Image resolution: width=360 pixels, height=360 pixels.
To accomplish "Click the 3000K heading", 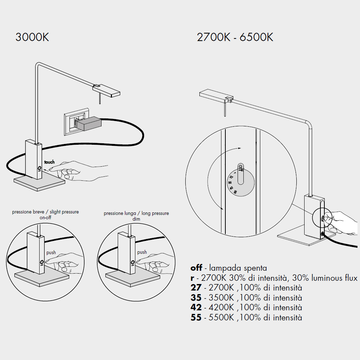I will coord(32,37).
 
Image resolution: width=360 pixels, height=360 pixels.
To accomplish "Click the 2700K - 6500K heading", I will coord(235,37).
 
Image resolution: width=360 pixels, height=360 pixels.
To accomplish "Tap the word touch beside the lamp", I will coord(49,162).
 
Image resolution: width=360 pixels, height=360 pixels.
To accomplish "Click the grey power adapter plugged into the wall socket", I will coord(89,123).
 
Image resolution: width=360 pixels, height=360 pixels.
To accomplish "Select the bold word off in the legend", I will coord(196,268).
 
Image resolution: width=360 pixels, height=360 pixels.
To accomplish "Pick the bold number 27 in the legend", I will coord(196,288).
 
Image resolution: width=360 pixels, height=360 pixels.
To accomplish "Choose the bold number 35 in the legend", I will coord(196,298).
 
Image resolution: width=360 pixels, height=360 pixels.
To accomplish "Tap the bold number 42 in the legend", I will coord(196,308).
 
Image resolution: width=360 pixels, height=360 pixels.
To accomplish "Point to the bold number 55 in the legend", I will coord(196,318).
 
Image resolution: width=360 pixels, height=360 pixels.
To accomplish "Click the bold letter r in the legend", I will coord(193,278).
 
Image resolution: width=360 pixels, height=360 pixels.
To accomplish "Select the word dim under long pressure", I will coord(136,219).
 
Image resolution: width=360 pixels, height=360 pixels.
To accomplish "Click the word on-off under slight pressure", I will coord(45,217).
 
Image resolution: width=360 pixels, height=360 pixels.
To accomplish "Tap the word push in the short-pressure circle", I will coord(51,253).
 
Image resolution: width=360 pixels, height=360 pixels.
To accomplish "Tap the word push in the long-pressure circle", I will coord(142,252).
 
